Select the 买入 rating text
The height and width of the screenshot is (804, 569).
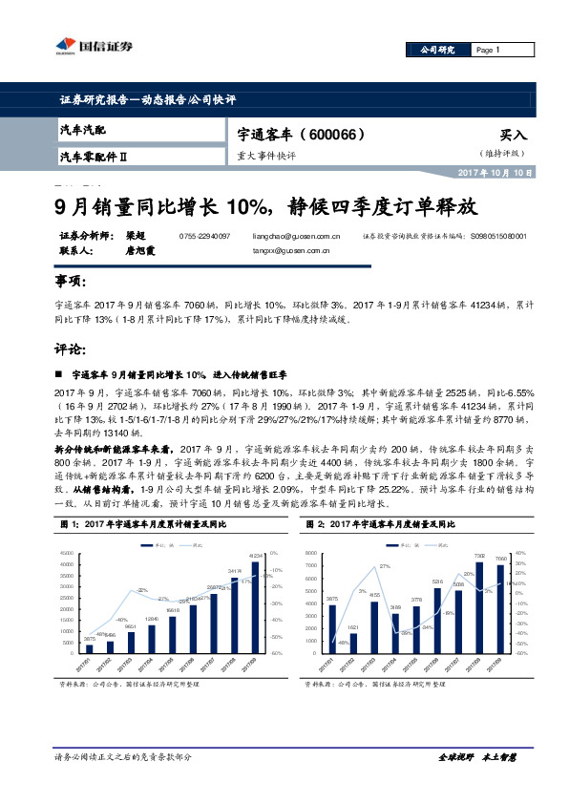click(513, 136)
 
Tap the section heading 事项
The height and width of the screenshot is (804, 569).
click(72, 282)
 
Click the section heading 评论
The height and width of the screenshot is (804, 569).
click(72, 349)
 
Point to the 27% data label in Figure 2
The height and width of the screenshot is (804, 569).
click(385, 566)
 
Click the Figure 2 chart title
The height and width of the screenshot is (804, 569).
click(381, 524)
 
